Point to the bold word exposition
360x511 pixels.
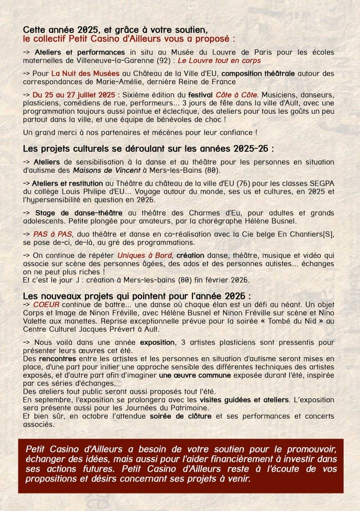158,343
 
